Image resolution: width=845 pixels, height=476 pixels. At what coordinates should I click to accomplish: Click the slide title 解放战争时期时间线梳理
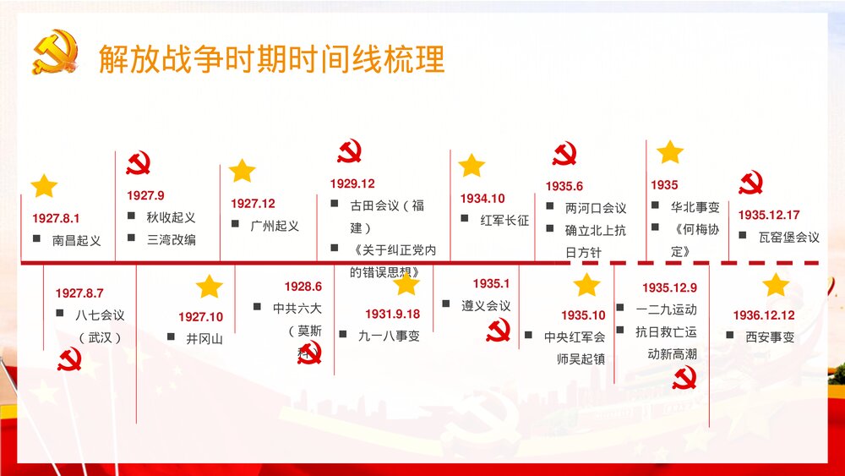271,60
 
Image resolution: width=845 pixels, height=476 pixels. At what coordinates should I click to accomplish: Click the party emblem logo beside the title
54,52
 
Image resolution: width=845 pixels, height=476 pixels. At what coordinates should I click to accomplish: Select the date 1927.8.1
57,217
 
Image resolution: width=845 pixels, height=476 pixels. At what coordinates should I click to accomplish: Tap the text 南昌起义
76,240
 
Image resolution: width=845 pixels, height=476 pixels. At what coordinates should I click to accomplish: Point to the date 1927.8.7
79,293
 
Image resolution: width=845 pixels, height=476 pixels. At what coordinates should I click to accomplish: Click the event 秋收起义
171,217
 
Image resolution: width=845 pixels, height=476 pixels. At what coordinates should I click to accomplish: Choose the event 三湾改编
171,239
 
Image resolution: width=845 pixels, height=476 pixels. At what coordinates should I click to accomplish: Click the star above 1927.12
242,171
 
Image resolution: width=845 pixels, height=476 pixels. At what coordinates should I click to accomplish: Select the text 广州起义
275,226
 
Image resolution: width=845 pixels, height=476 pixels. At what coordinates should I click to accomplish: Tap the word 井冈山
204,339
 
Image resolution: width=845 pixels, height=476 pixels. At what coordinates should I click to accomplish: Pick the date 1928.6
303,287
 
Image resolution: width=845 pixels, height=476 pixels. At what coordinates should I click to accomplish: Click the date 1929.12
352,183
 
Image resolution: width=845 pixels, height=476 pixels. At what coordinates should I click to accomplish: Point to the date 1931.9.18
392,314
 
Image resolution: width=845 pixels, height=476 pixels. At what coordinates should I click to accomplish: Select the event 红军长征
504,220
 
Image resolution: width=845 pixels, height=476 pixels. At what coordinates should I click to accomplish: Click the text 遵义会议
486,305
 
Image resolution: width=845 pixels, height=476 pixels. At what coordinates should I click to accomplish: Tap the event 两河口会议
596,208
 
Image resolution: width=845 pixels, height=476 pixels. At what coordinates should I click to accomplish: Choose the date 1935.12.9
669,287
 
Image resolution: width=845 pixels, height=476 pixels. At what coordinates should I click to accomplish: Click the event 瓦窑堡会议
788,237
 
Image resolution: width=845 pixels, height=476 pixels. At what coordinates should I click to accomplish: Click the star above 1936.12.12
775,285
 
